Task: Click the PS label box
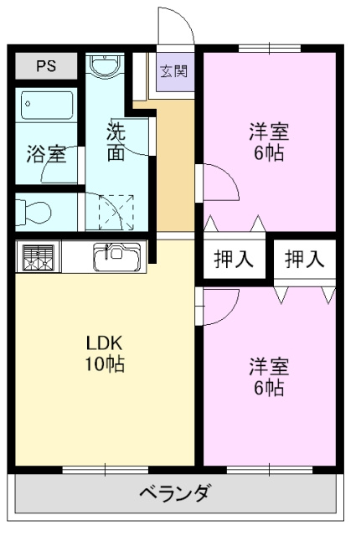[x=45, y=66]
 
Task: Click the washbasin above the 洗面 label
[x=106, y=66]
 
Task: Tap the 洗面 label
[x=116, y=142]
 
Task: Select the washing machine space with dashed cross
[x=116, y=211]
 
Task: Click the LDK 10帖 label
[x=106, y=353]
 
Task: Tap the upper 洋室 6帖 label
[x=269, y=142]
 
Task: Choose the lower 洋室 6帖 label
[x=269, y=376]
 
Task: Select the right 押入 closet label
[x=304, y=260]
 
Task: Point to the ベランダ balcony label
[x=175, y=492]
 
